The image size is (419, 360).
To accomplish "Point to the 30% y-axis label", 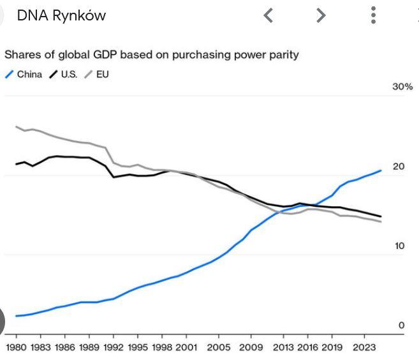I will (402, 87).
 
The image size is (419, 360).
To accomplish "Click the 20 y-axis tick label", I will (399, 167).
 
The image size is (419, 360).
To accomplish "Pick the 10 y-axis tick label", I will (399, 246).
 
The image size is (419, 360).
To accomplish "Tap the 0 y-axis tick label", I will (402, 326).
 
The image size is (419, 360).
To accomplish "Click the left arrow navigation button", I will (268, 15).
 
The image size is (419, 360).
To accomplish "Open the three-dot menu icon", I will (374, 15).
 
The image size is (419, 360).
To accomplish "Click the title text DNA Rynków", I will (61, 16).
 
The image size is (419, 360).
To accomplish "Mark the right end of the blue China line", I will (381, 170).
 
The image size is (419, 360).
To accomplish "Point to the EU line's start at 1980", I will (16, 126).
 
